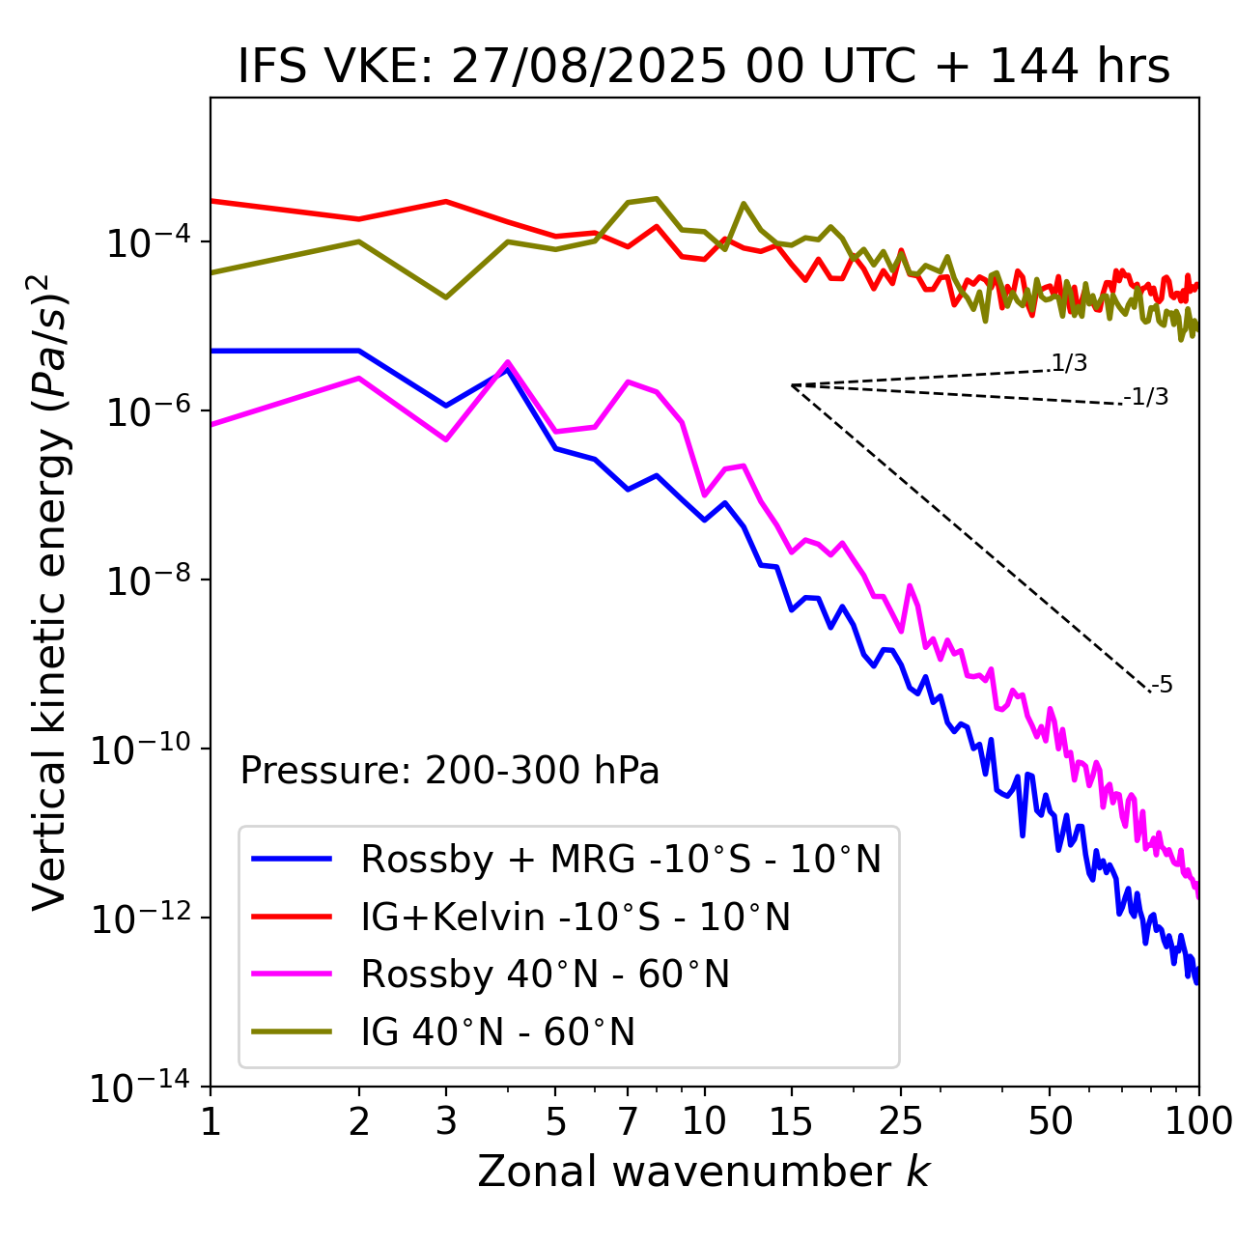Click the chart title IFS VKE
click(703, 68)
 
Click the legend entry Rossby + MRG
click(621, 859)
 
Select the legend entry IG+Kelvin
click(576, 917)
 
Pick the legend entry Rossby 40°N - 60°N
click(545, 975)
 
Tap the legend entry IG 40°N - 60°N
click(497, 1032)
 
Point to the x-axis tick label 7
click(628, 1121)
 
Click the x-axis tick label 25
click(901, 1121)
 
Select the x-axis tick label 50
click(1050, 1121)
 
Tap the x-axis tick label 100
click(1198, 1121)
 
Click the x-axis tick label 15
click(791, 1121)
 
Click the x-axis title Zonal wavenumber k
click(703, 1172)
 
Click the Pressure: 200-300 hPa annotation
click(449, 771)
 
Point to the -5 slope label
click(1162, 686)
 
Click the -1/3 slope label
click(1147, 397)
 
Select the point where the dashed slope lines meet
click(791, 385)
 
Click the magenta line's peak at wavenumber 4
click(508, 362)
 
